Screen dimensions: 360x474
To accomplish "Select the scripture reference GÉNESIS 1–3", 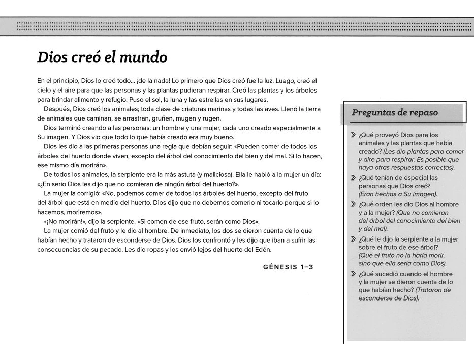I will click(x=288, y=267).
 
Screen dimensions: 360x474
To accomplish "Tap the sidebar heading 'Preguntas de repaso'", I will click(x=395, y=113).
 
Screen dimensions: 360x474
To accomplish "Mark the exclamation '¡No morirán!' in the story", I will click(x=61, y=222).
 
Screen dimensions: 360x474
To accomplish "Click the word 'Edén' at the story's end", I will click(x=261, y=249).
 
